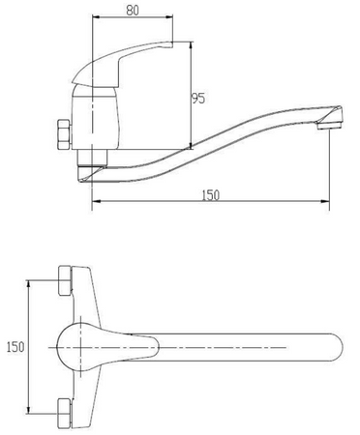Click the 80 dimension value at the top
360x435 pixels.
click(x=133, y=11)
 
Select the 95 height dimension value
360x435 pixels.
click(x=198, y=99)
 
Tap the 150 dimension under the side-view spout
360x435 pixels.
click(x=211, y=195)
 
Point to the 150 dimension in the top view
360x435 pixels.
click(x=15, y=347)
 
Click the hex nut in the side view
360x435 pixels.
click(x=64, y=134)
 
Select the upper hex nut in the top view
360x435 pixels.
click(x=65, y=280)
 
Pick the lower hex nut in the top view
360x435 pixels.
click(x=65, y=414)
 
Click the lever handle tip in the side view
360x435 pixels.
click(x=172, y=44)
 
